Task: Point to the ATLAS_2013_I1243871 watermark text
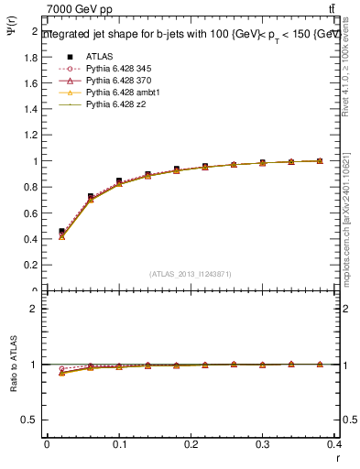click(x=190, y=274)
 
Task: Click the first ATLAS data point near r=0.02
click(x=61, y=232)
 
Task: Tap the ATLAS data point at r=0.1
click(x=119, y=181)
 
